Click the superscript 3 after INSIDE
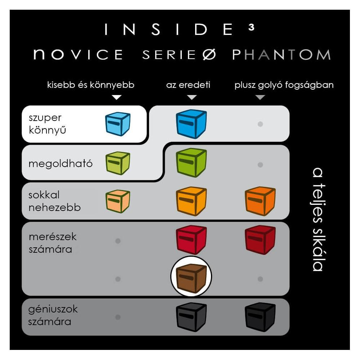click(251, 27)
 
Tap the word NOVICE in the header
click(78, 54)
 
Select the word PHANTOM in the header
click(281, 54)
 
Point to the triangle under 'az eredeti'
click(192, 97)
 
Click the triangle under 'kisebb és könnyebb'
click(116, 97)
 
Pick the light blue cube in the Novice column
click(118, 124)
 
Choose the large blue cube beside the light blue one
click(191, 124)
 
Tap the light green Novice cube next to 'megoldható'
click(118, 163)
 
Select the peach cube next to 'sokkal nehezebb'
click(118, 201)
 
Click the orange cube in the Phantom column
click(260, 201)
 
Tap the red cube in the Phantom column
click(260, 240)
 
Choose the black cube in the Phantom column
click(260, 317)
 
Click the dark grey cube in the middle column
click(191, 317)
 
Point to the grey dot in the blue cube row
click(260, 124)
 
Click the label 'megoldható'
click(60, 164)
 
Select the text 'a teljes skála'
click(318, 220)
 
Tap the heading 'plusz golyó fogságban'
click(284, 85)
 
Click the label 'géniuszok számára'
click(53, 315)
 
